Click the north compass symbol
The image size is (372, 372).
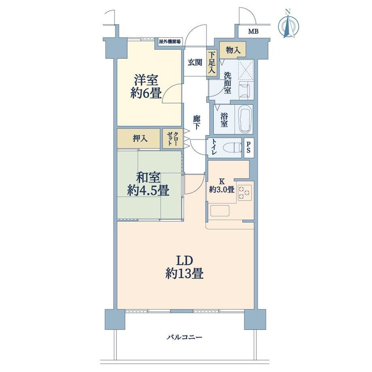click(288, 25)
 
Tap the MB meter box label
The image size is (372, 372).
click(253, 32)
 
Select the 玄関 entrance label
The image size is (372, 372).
click(195, 63)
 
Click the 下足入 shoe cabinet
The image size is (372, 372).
click(211, 63)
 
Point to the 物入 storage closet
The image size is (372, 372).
click(233, 50)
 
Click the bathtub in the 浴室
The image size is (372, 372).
click(245, 120)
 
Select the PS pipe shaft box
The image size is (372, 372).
click(248, 148)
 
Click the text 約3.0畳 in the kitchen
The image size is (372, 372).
click(222, 189)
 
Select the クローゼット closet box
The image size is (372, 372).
click(172, 139)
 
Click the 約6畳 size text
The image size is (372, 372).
click(146, 94)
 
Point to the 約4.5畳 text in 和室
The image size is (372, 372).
click(148, 190)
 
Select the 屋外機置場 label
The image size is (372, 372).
click(170, 42)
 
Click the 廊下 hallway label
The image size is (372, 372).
click(197, 122)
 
